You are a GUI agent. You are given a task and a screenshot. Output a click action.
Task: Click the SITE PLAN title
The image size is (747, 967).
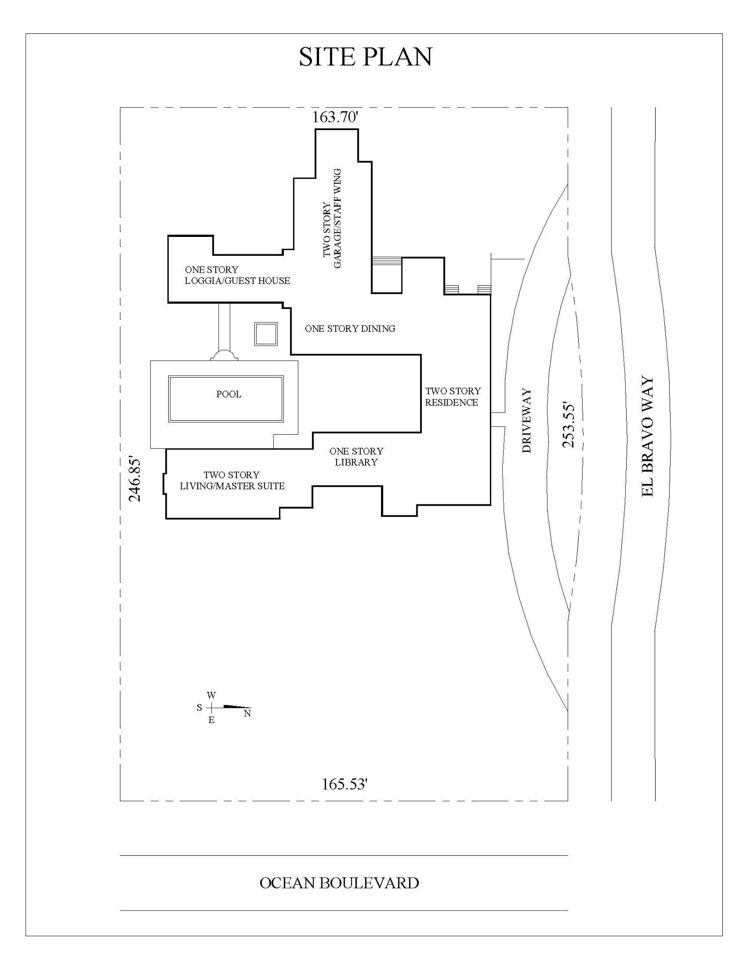tap(365, 57)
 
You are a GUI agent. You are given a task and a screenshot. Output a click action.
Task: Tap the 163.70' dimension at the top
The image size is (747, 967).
tap(335, 117)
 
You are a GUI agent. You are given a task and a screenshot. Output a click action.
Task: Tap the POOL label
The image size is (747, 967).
tap(229, 394)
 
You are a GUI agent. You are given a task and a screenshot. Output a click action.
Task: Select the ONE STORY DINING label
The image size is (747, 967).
tap(350, 329)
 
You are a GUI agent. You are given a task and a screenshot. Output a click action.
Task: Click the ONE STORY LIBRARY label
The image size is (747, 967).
tap(356, 456)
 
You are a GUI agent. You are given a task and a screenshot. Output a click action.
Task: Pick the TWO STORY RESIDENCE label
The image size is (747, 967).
tap(453, 396)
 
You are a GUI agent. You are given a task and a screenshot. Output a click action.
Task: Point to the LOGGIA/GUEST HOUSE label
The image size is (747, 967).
tap(237, 280)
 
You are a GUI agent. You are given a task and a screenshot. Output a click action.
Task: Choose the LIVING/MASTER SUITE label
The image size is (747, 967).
tap(232, 486)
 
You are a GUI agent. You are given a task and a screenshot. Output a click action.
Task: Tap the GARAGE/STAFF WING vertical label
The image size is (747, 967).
tap(337, 219)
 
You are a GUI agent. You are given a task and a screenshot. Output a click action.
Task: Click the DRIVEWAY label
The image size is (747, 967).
tap(527, 420)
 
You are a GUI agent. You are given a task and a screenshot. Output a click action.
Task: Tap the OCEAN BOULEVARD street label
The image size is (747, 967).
tap(339, 883)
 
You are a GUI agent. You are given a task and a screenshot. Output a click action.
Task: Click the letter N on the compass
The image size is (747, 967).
tap(247, 714)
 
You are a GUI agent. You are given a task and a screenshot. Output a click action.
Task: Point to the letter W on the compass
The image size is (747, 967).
tap(211, 695)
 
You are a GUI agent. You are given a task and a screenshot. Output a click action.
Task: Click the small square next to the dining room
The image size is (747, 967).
tap(266, 334)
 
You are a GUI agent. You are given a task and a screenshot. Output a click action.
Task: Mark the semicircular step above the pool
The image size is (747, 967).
tap(224, 355)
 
